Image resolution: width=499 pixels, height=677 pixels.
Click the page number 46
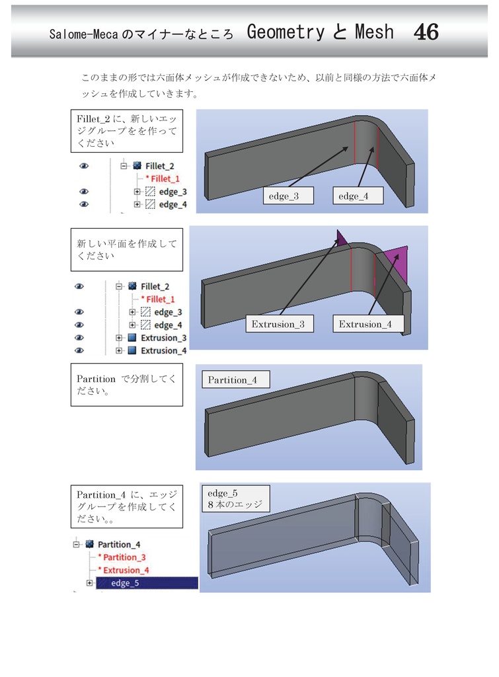coord(426,32)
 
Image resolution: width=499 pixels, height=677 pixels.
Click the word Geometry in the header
coord(285,32)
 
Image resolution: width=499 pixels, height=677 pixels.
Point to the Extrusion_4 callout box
coord(365,324)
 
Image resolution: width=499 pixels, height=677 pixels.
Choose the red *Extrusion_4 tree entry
coord(125,570)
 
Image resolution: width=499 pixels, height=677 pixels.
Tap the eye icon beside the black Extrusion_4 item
coord(80,350)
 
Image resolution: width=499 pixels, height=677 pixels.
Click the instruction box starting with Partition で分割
coord(126,384)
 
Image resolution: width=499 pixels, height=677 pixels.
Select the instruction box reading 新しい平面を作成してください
coord(126,249)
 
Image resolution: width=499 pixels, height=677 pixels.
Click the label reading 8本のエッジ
coord(235,505)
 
